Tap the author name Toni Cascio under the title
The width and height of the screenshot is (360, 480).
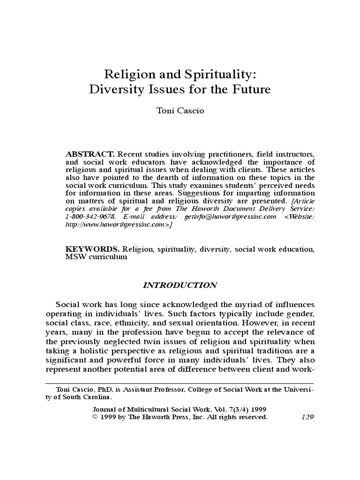(x=180, y=112)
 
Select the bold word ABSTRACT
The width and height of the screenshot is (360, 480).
(x=90, y=154)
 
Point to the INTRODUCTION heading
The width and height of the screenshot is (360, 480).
(x=180, y=285)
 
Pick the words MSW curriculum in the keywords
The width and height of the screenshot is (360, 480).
(x=96, y=258)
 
